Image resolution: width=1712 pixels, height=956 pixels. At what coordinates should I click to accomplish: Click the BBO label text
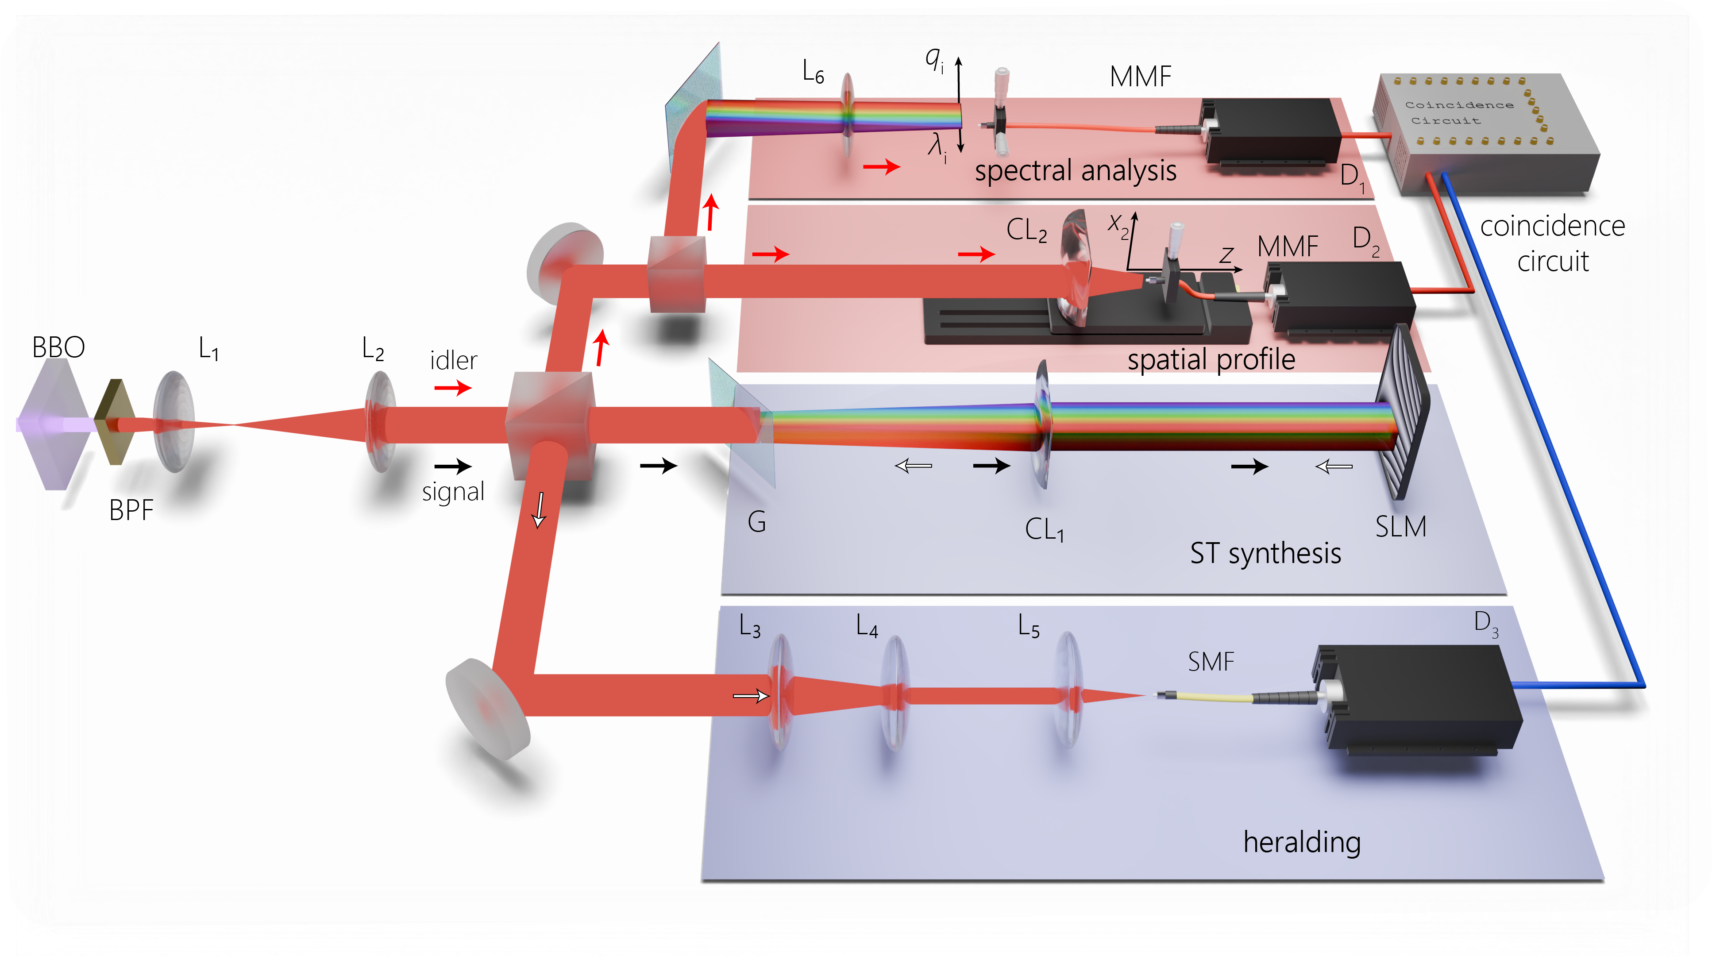[58, 347]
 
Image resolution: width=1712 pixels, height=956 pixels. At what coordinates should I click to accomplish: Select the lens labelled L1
[174, 421]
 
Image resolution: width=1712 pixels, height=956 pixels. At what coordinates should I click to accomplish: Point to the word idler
[453, 361]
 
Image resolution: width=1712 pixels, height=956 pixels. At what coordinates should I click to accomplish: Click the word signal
[453, 492]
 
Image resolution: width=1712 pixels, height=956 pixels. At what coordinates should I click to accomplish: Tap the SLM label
[1400, 527]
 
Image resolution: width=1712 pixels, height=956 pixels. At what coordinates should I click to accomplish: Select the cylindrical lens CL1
[1042, 425]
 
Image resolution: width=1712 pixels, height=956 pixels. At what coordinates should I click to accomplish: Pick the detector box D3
[1415, 698]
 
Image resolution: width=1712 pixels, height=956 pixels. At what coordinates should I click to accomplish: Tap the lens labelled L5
[1068, 691]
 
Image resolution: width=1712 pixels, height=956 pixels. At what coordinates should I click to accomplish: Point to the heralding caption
[1301, 842]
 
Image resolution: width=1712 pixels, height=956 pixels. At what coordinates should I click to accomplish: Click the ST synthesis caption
[1265, 553]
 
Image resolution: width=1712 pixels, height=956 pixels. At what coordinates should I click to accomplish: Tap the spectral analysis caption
[1075, 171]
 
